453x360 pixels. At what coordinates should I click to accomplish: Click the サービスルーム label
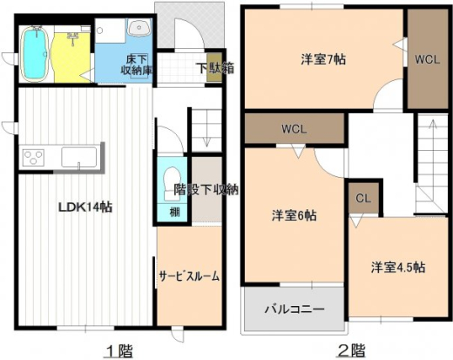[x=188, y=275]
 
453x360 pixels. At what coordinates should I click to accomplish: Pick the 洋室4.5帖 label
[x=397, y=267]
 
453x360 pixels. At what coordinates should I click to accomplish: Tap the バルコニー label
[x=294, y=309]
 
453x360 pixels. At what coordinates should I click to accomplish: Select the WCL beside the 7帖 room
[x=428, y=60]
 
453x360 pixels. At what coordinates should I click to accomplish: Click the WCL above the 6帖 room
[x=294, y=129]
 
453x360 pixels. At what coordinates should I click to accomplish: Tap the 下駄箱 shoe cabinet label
[x=213, y=67]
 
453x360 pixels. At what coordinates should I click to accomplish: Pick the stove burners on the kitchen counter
[x=34, y=158]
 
